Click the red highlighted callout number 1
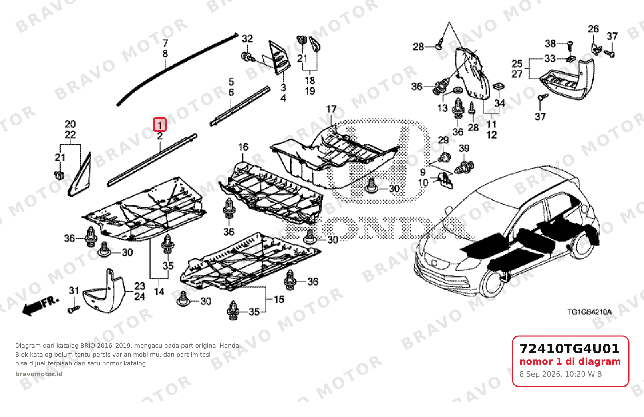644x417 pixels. tap(159, 125)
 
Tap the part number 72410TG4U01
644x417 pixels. tap(570, 349)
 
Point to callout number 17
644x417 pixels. tap(331, 109)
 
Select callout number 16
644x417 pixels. tap(243, 147)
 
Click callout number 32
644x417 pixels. tap(247, 38)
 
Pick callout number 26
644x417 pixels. tap(593, 29)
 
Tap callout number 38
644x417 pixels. tap(550, 44)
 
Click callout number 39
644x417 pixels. tap(464, 148)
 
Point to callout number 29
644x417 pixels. tap(443, 140)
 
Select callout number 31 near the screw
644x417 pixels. tap(74, 290)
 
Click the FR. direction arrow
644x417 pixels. tap(40, 306)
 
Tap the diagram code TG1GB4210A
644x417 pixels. tap(589, 312)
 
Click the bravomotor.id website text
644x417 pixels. tap(39, 374)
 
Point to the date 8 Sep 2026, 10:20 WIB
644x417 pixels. tap(561, 374)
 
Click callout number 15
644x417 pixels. tap(279, 300)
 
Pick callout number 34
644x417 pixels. tap(499, 103)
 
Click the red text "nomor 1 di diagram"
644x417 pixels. tap(570, 362)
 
